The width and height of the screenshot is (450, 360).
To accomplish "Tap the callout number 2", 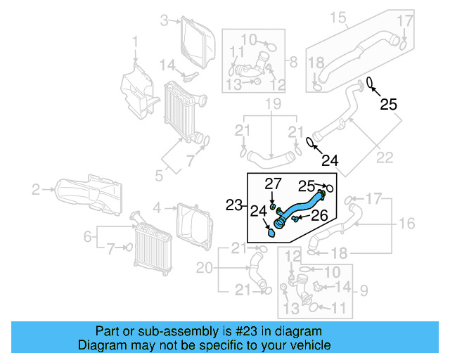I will pos(35,188).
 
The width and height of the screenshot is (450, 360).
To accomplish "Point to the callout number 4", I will pos(157,207).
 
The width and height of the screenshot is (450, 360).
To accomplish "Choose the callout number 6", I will pos(88,238).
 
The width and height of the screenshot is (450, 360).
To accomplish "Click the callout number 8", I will pos(293,61).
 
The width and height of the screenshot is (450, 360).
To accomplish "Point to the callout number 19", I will pos(272,105).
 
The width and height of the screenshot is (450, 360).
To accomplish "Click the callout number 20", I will pos(204,267).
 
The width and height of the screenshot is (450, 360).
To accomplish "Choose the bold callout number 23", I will pos(234,205).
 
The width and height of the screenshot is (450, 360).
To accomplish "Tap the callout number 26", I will pos(319,216).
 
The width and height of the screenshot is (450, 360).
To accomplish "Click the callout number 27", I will pos(273,184).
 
